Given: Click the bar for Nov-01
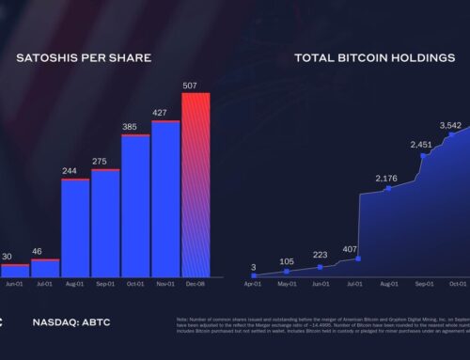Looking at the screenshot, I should click(165, 198).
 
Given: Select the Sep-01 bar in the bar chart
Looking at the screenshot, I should click(105, 223).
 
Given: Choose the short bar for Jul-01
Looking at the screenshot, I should click(45, 267).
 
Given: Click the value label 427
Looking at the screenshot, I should click(165, 113).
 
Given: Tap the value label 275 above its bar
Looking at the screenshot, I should click(105, 162).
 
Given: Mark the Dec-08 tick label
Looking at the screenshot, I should click(196, 283).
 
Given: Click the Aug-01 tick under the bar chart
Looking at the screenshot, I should click(75, 283).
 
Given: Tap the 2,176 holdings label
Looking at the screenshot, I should click(388, 179).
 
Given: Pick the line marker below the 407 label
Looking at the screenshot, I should click(358, 258).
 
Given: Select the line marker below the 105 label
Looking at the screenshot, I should click(287, 272).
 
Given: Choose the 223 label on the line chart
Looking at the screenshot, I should click(321, 256).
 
